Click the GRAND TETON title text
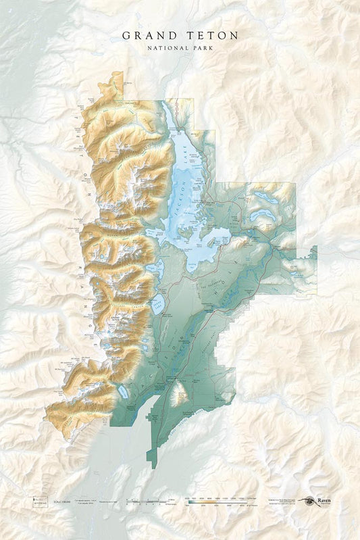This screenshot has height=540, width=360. click(x=180, y=34)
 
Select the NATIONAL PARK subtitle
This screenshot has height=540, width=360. click(x=180, y=47)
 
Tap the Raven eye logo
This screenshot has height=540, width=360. click(x=310, y=501)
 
